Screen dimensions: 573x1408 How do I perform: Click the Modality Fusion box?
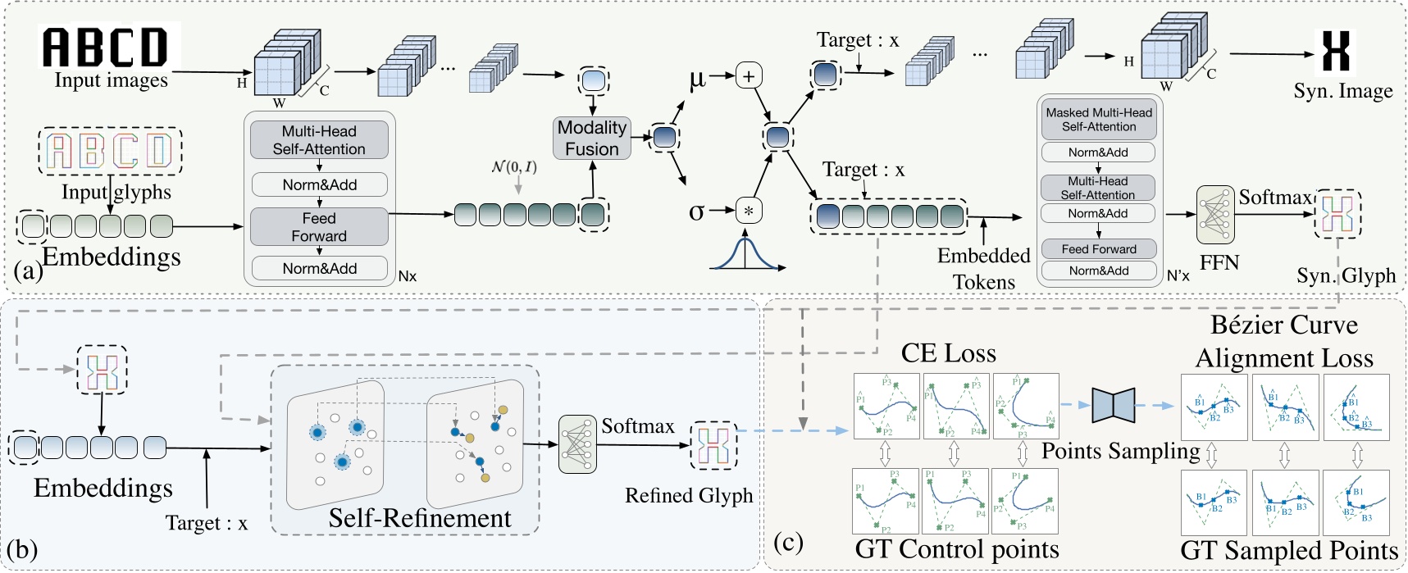pyautogui.click(x=592, y=138)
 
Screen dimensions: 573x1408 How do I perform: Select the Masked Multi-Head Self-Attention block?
pyautogui.click(x=1099, y=120)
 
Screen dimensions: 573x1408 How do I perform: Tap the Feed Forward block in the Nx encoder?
pyautogui.click(x=319, y=227)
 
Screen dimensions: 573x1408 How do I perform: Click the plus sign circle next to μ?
pyautogui.click(x=749, y=76)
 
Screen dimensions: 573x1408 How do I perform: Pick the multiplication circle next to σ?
pyautogui.click(x=749, y=211)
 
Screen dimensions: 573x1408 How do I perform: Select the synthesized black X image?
pyautogui.click(x=1336, y=51)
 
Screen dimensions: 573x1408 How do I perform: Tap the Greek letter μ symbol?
pyautogui.click(x=697, y=80)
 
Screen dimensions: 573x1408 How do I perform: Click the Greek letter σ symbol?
pyautogui.click(x=696, y=211)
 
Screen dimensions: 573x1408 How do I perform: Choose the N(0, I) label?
pyautogui.click(x=514, y=167)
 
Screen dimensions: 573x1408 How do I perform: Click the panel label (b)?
pyautogui.click(x=22, y=549)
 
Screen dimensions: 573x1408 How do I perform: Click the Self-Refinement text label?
pyautogui.click(x=419, y=519)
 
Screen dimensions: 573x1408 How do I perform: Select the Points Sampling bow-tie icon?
pyautogui.click(x=1113, y=405)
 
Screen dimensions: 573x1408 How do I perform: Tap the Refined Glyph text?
pyautogui.click(x=688, y=496)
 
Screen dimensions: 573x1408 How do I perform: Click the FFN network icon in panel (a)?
pyautogui.click(x=1215, y=215)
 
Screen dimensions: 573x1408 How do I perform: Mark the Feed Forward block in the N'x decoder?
pyautogui.click(x=1099, y=249)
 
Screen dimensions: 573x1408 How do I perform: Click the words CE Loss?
pyautogui.click(x=949, y=353)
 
